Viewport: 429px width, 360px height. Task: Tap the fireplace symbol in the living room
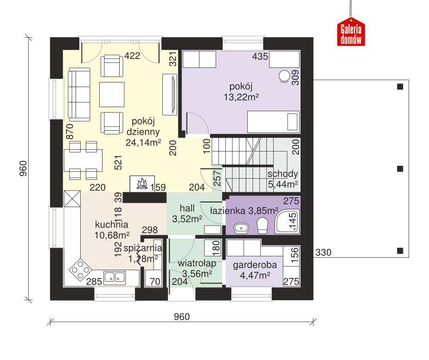point(141,184)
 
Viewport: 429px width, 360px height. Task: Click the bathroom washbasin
point(241,227)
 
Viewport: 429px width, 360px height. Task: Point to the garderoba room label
point(255,266)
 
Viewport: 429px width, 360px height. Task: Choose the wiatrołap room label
point(194,264)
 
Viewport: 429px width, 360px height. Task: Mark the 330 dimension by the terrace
point(324,253)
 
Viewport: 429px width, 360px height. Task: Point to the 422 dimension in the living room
point(132,57)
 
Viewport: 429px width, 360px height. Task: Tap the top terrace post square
point(400,86)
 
